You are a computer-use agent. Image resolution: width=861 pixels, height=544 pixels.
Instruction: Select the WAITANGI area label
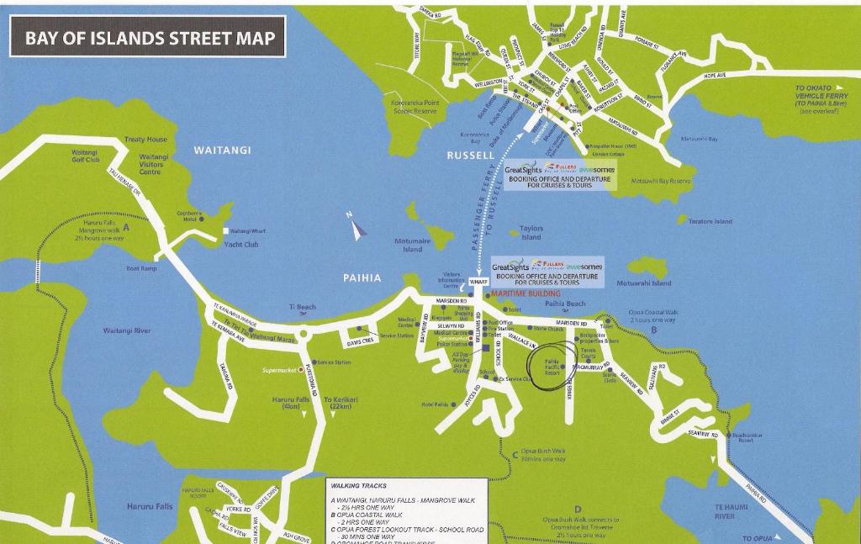223,151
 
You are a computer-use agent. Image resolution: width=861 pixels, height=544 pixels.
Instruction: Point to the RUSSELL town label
471,156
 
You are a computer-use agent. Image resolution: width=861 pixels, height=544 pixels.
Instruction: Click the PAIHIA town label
362,277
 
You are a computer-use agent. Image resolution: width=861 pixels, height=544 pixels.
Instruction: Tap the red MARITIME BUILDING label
526,294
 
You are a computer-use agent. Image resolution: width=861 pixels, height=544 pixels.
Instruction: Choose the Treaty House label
146,140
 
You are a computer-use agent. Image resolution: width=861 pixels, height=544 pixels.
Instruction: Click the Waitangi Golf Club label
86,156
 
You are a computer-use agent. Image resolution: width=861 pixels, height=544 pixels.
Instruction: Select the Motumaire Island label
412,245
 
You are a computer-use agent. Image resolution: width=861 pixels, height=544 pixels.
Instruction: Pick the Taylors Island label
531,233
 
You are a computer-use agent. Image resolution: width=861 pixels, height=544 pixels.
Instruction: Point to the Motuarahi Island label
644,283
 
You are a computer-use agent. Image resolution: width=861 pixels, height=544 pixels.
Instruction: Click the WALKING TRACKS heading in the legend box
359,486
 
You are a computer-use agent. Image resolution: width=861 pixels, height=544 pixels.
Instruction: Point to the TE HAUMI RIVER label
731,511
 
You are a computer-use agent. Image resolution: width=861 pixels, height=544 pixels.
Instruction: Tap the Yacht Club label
241,245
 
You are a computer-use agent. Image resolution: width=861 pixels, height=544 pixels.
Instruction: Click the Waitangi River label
127,330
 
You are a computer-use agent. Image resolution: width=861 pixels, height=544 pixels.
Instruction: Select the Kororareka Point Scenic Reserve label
415,107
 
